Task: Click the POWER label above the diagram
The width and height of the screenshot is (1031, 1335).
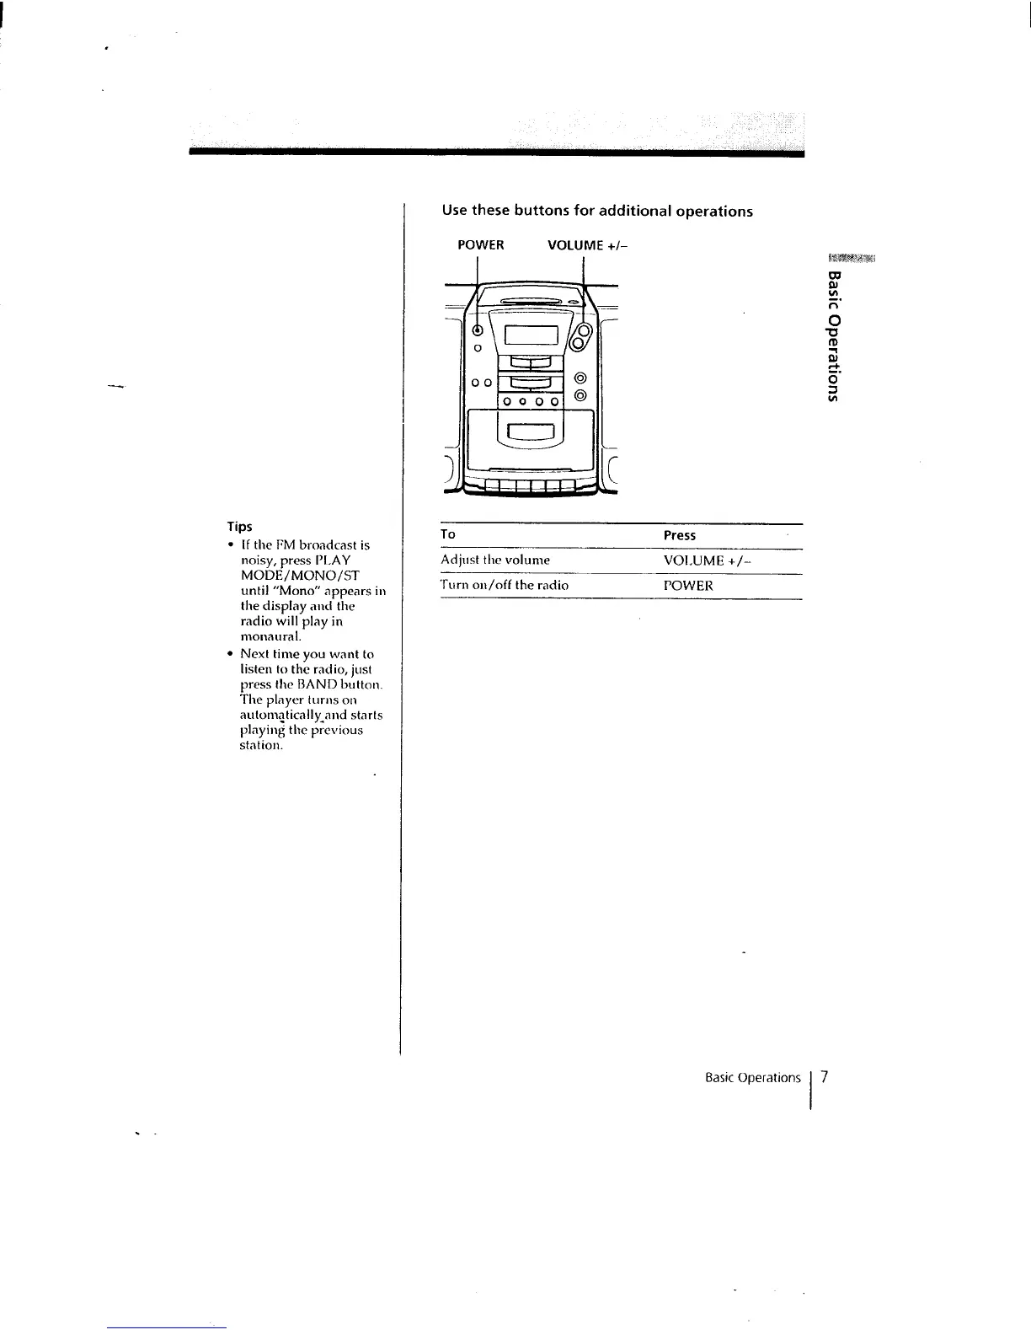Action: point(480,245)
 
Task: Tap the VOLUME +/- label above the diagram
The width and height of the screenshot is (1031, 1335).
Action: point(587,245)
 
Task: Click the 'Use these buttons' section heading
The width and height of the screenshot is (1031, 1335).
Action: point(597,211)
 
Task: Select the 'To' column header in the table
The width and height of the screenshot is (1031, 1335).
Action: point(448,534)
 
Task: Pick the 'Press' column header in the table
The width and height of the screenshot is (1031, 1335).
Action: point(679,535)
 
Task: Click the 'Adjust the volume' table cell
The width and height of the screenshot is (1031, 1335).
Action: point(495,560)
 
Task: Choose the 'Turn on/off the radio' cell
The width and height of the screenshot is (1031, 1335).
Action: point(505,585)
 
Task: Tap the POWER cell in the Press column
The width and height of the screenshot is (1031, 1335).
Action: point(688,585)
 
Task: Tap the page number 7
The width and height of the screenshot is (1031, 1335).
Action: point(825,1077)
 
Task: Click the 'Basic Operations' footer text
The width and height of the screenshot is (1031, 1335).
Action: point(753,1078)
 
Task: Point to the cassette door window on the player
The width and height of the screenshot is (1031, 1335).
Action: point(526,434)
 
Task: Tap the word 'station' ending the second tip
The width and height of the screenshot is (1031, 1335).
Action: point(261,745)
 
